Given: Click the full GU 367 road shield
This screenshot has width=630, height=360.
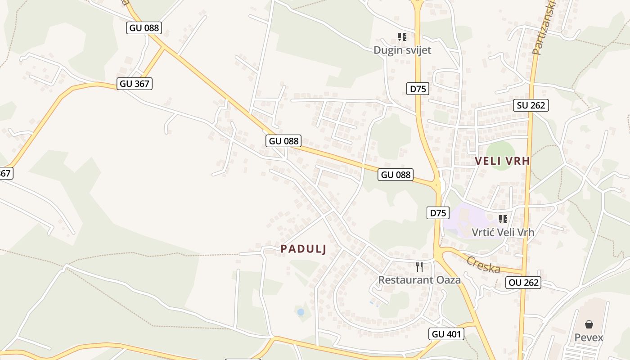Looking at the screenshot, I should click(135, 83).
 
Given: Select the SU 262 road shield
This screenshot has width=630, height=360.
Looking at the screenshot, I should click(531, 105).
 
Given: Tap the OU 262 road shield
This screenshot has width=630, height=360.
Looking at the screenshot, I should click(523, 283).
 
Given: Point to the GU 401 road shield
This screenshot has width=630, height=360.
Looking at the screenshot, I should click(446, 334).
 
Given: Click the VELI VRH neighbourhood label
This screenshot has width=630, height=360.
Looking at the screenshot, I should click(503, 161).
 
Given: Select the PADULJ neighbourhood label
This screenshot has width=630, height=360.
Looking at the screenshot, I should click(303, 249).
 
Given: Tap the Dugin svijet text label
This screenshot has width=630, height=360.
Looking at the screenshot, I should click(402, 50).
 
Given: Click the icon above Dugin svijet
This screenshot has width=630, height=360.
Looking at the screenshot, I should click(402, 36).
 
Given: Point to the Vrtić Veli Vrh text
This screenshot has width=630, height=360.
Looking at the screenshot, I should click(503, 232).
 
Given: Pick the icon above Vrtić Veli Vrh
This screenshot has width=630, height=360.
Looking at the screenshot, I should click(503, 219).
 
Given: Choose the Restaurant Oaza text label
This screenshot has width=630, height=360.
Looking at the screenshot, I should click(419, 280).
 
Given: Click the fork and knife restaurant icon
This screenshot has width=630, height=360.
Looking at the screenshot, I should click(419, 267).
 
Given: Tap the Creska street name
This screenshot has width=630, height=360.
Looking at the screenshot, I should click(483, 265).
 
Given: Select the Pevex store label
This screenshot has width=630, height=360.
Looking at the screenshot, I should click(589, 337).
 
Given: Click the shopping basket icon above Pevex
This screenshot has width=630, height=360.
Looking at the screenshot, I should click(589, 324).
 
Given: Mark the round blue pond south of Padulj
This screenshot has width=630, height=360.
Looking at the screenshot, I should click(301, 311).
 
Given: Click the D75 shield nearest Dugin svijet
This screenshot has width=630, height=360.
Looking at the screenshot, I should click(418, 89).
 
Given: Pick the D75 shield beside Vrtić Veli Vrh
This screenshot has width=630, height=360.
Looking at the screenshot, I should click(437, 213).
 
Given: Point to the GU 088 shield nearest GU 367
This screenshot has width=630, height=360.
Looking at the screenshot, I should click(144, 28).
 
